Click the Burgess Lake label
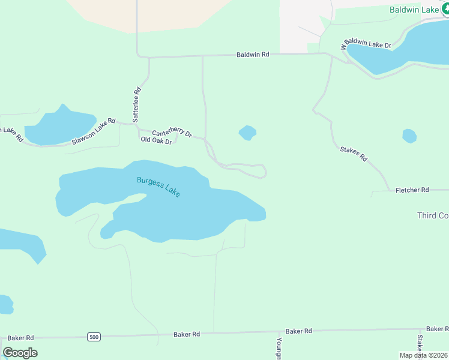coord(158,187)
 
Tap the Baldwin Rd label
coord(253,54)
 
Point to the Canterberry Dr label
coord(171,133)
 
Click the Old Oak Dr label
coord(156,140)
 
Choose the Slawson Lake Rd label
coord(93,132)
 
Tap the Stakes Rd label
coord(353,154)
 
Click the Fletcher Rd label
coord(412,190)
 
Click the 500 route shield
coord(93,337)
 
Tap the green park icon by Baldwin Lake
coord(444,10)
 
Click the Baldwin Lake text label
coord(413,10)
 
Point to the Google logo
coord(20,352)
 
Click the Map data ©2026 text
coord(423,355)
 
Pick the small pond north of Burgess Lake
coord(247,132)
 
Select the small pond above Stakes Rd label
coord(409,136)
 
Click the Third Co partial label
coord(432,215)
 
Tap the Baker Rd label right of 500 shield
coord(187,334)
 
